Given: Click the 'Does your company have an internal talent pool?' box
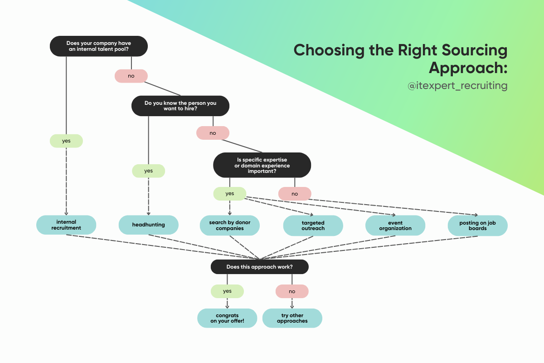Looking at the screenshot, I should coord(98,46).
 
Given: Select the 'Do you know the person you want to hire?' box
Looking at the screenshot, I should coord(180,106).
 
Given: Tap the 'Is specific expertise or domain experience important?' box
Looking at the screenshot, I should coord(262,165).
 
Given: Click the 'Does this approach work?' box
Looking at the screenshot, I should coord(259,267).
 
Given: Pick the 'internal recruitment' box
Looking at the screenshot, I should coord(66,225).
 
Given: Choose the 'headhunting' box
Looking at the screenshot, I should coord(148,225).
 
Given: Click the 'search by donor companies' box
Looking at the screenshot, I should coord(230,226).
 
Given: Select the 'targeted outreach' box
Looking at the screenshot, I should coord(313,226).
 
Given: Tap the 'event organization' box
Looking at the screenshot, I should coord(395,226).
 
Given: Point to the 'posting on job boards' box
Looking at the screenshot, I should coord(477,226).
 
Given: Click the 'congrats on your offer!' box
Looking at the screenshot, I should coord(227,318).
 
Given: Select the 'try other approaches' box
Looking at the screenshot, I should coord(292,318).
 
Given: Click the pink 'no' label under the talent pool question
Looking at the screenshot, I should coord(131,76).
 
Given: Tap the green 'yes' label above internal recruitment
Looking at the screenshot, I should coord(66,141).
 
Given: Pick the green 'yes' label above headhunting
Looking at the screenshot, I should coord(148,171).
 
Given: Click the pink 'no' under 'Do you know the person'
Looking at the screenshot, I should coord(213,133).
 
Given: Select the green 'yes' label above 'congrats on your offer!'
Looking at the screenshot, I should coord(227,291).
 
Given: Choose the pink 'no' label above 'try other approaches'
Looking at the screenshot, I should coord(292,291).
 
